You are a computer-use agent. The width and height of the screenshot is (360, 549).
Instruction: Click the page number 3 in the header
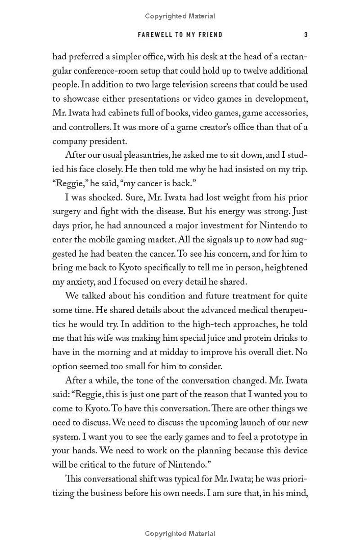point(306,35)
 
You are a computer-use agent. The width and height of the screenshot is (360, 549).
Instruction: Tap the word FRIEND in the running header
point(211,35)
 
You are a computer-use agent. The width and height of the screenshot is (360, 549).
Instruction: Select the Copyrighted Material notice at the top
point(180,16)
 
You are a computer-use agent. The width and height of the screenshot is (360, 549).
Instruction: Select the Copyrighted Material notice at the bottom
point(180,534)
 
